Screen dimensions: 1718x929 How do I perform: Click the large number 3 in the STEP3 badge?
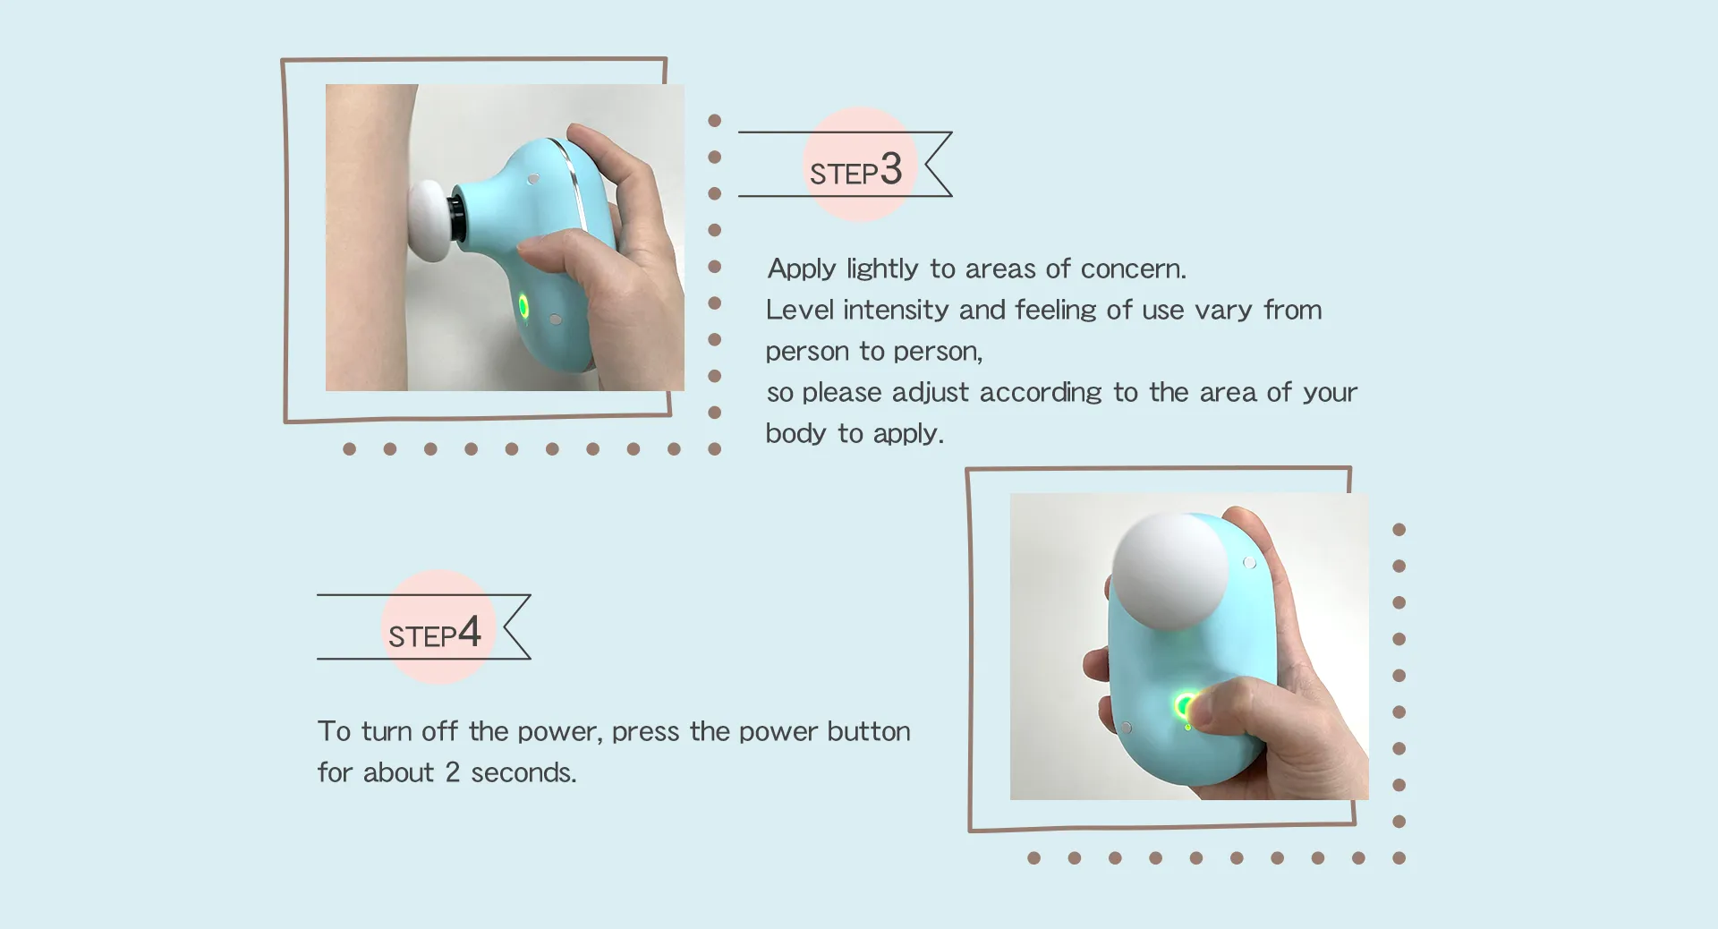(890, 169)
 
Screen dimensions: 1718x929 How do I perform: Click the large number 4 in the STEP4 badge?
(469, 632)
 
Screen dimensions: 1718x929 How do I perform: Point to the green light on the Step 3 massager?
(523, 308)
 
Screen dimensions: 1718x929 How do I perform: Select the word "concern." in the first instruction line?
(1133, 268)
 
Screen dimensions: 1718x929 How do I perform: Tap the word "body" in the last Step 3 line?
(795, 433)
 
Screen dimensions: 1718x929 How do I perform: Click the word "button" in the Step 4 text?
(868, 731)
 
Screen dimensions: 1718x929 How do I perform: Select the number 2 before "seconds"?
(452, 772)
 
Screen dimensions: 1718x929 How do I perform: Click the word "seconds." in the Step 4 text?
(523, 772)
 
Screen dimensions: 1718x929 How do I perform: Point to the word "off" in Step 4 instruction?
(439, 731)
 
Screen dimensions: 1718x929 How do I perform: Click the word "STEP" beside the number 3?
(843, 174)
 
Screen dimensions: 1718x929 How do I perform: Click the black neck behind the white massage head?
(456, 217)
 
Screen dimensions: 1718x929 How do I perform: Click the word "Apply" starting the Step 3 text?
(802, 268)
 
